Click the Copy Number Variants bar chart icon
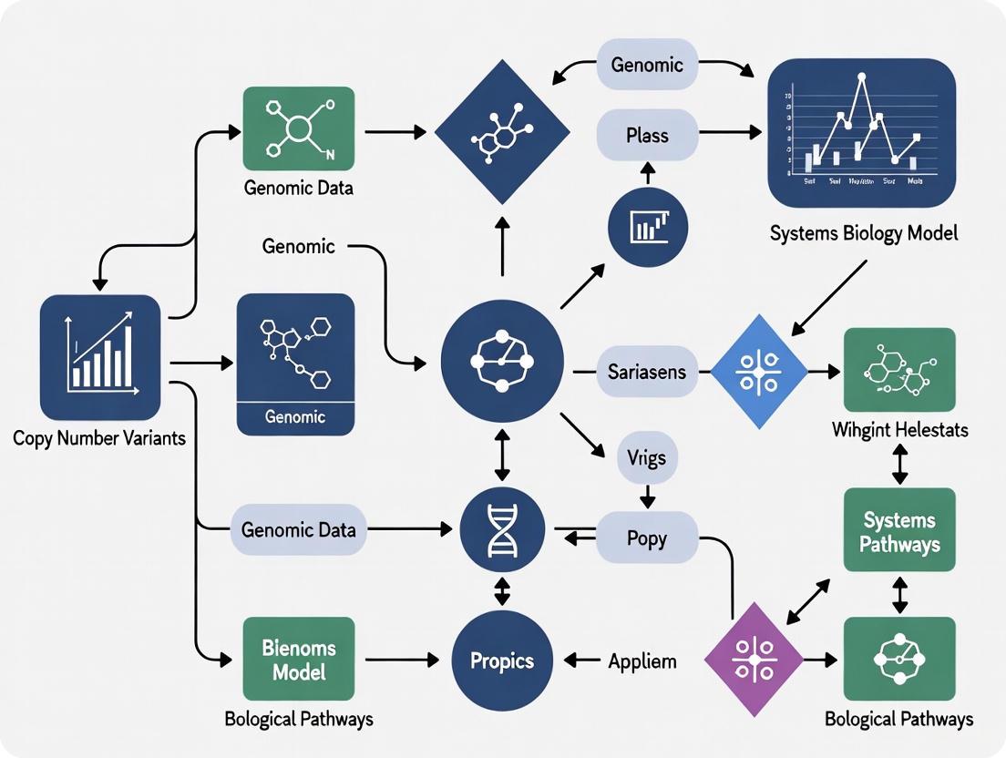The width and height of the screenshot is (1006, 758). click(100, 356)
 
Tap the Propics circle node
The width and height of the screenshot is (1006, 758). click(501, 661)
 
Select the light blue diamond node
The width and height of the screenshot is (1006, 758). click(758, 372)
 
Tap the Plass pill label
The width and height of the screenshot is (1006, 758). click(647, 136)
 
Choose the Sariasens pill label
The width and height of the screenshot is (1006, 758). click(647, 372)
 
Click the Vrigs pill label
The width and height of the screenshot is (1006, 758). click(647, 456)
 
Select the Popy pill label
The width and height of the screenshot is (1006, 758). click(647, 538)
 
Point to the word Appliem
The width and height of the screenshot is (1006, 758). click(642, 661)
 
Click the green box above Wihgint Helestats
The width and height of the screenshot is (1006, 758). click(899, 370)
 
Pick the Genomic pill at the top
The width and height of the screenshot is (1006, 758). click(647, 66)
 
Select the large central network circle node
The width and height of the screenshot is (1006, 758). click(501, 361)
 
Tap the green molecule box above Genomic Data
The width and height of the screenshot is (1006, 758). click(299, 128)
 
